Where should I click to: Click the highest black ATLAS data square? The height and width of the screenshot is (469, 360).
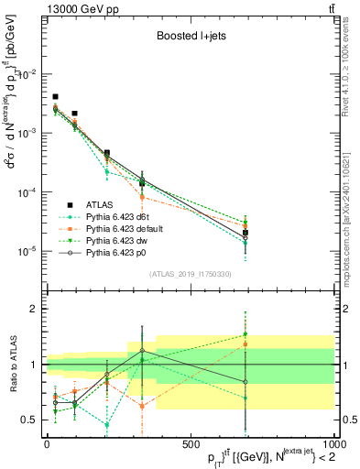coord(55,96)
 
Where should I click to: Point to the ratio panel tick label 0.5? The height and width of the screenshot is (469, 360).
coord(30,420)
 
